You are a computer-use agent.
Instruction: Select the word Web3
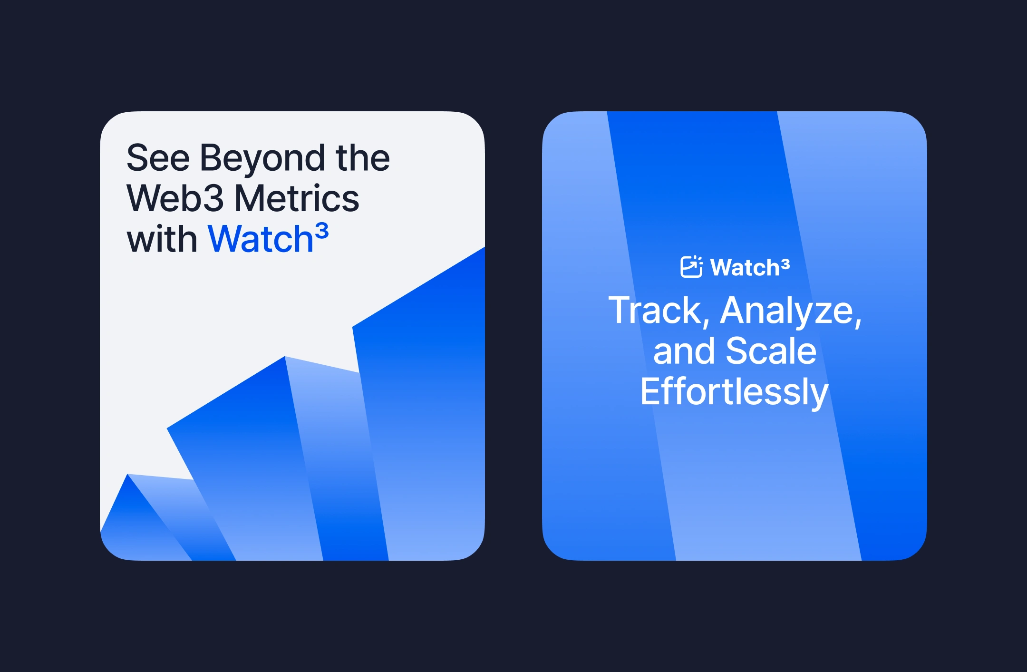[175, 198]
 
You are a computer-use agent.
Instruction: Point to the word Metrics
[297, 198]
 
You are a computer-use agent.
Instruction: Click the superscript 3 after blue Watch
[322, 232]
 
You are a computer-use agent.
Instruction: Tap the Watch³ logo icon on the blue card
[691, 266]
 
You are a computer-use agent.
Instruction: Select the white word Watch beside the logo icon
[745, 267]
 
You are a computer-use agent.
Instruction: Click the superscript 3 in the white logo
[785, 264]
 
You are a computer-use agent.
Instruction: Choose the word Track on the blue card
[659, 311]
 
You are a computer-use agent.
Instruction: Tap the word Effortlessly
[735, 392]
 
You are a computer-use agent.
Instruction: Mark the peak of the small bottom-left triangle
[127, 474]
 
